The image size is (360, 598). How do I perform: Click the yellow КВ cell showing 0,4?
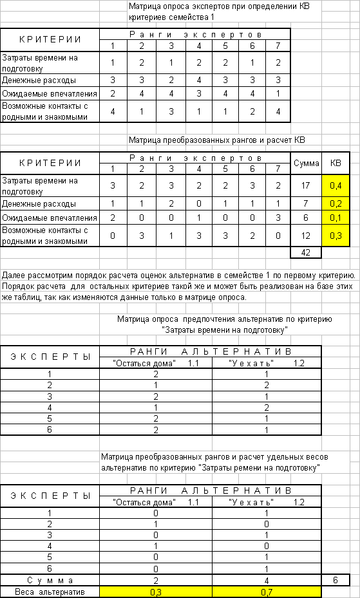point(336,186)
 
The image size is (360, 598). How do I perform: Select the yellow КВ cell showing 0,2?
point(336,204)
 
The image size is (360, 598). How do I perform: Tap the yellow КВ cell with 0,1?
point(336,218)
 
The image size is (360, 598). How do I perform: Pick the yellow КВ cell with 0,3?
point(336,236)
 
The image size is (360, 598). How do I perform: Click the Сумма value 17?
point(306,186)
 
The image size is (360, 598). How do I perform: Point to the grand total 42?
point(306,252)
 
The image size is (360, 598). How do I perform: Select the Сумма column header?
point(306,164)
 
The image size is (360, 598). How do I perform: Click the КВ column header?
point(336,164)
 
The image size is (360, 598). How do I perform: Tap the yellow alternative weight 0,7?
point(266,592)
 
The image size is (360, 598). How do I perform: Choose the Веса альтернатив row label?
point(50,592)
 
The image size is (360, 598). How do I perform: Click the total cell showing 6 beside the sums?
point(336,581)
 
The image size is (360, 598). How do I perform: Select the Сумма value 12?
point(306,236)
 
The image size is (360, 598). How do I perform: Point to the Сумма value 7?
point(306,204)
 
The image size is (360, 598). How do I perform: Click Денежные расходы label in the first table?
point(39,80)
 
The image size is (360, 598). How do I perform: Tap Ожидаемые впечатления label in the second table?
point(49,218)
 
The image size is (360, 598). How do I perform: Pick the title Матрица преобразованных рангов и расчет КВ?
point(217,140)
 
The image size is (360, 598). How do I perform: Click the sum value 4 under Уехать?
point(266,581)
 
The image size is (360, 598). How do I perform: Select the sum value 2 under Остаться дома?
point(156,581)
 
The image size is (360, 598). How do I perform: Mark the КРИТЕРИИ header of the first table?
point(50,40)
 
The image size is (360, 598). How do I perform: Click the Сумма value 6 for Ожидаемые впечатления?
point(306,218)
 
